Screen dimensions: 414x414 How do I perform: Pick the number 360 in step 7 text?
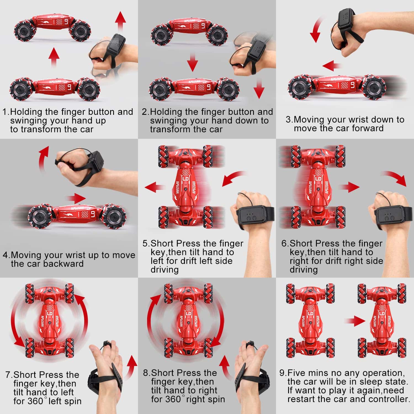(x=35, y=401)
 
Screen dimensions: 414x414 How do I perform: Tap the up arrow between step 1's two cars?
(x=54, y=58)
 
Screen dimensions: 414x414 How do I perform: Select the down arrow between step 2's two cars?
(x=192, y=62)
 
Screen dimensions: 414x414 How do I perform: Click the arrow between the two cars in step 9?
(x=355, y=321)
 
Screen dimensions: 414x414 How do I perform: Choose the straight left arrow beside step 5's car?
(x=155, y=187)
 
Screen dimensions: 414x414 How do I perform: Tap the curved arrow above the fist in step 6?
(x=394, y=178)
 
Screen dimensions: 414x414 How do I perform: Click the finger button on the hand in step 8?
(x=251, y=345)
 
